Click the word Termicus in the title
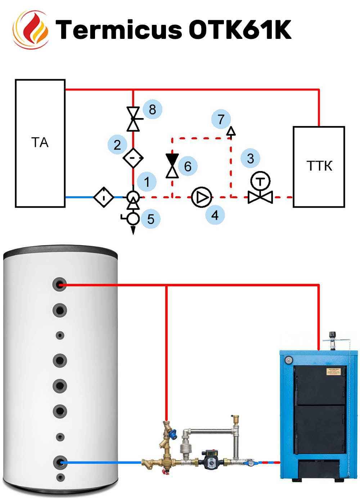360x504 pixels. (x=119, y=29)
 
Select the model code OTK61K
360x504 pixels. (x=240, y=29)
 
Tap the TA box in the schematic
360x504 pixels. (x=40, y=143)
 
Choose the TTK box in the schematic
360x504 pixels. (x=319, y=166)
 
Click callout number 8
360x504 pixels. (x=152, y=109)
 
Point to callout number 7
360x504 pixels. (x=221, y=119)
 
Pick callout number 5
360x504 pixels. (x=150, y=219)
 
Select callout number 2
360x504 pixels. (x=117, y=145)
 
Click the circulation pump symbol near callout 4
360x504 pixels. (x=202, y=197)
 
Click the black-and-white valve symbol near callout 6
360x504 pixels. (x=172, y=166)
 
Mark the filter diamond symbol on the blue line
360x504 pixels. (x=104, y=197)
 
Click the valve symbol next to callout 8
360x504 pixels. (x=134, y=119)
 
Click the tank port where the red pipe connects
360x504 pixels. (x=59, y=285)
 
